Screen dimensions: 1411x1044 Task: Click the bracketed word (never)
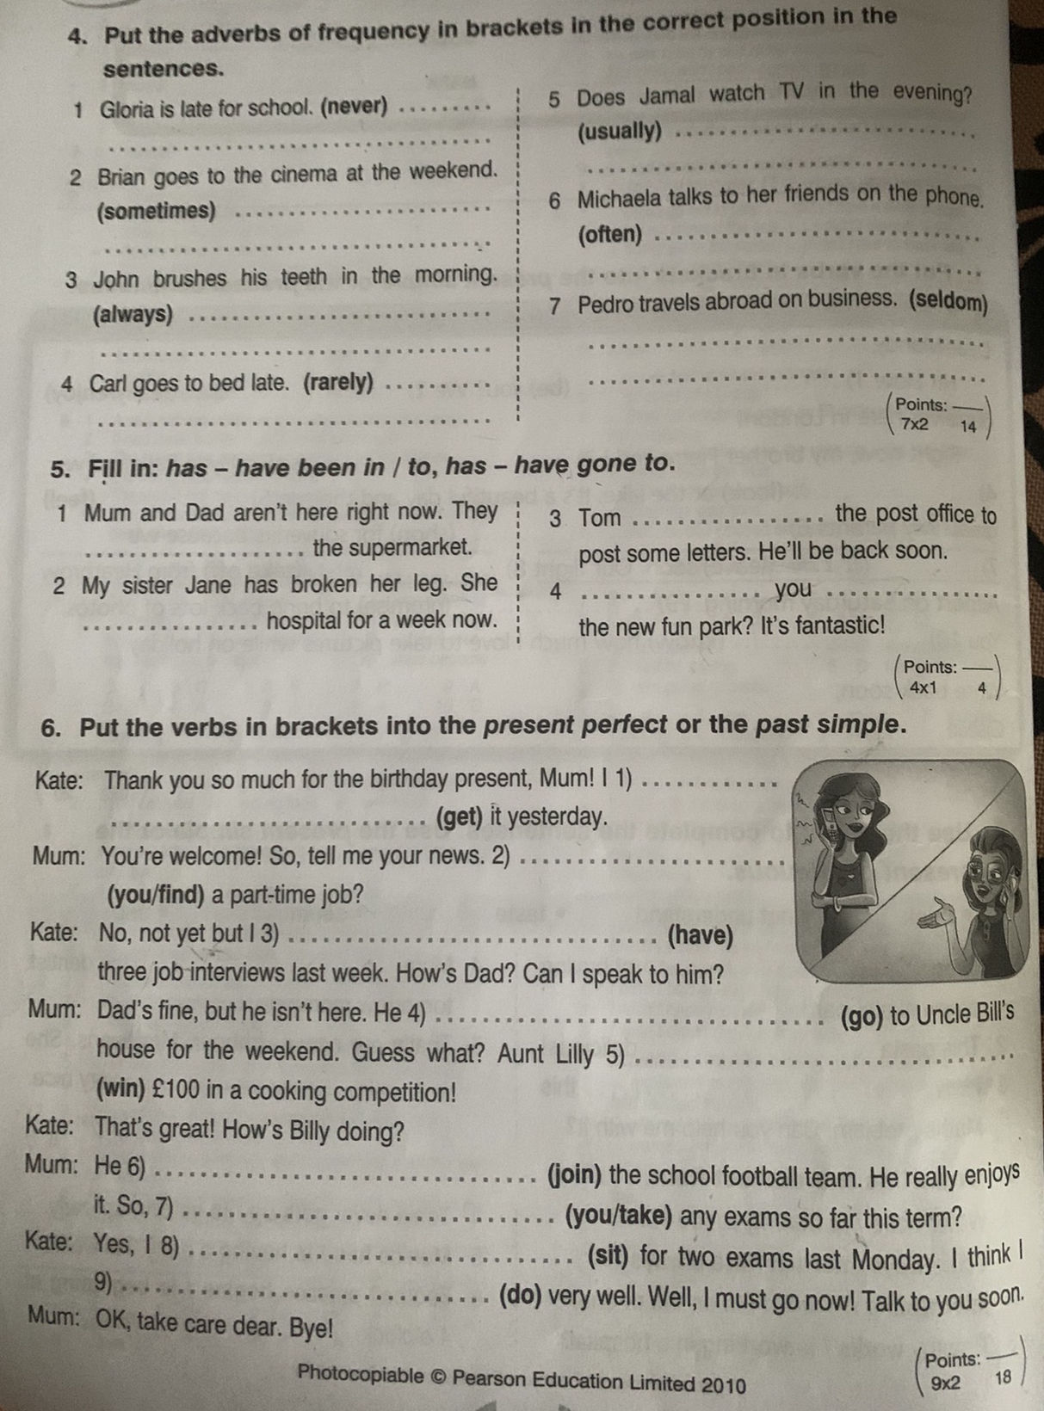[354, 108]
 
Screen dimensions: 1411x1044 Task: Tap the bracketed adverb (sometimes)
[157, 211]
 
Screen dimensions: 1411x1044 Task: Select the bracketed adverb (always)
[133, 315]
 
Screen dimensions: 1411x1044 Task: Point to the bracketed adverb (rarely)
[338, 382]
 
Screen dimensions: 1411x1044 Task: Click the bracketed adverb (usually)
[621, 132]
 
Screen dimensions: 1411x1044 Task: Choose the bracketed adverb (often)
[610, 234]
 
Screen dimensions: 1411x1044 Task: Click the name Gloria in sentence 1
[127, 109]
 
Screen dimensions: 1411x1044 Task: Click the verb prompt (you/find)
[156, 896]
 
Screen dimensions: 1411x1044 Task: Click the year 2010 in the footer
[723, 1383]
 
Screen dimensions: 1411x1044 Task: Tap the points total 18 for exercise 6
[1003, 1377]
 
